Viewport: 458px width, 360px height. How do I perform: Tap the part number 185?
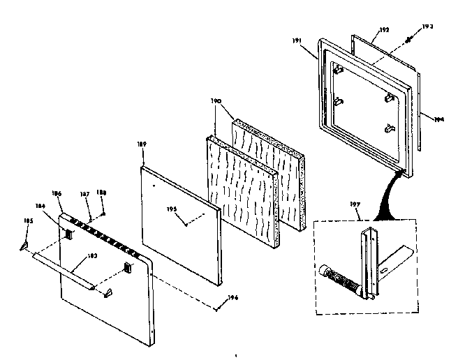28,221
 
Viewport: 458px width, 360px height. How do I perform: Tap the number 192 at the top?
383,30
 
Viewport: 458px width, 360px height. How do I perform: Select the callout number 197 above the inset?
355,204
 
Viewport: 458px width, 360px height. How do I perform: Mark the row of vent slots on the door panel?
105,234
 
